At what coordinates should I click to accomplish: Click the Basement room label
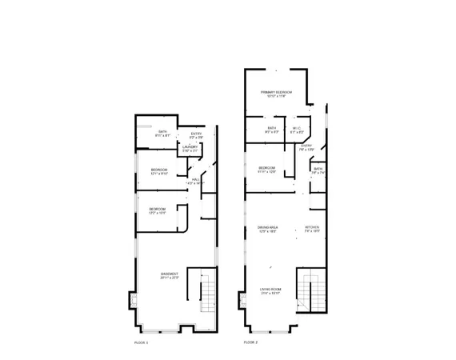point(169,274)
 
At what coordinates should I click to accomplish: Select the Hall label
point(195,180)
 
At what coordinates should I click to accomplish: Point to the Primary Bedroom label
point(276,93)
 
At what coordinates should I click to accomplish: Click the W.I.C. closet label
point(296,128)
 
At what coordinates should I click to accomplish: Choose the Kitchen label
point(312,227)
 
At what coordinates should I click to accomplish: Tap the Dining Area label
point(267,227)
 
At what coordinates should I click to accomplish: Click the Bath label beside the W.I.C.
point(272,128)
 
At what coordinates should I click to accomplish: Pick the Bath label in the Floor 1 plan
point(162,132)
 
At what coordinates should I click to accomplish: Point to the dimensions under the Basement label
point(169,278)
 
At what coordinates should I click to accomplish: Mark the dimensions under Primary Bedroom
point(276,97)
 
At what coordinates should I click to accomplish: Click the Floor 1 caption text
point(141,342)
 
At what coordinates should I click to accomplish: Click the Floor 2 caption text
point(250,342)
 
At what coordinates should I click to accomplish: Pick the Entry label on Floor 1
point(196,134)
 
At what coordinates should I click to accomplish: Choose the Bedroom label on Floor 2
point(266,168)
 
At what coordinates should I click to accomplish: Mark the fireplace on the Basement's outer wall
point(133,303)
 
